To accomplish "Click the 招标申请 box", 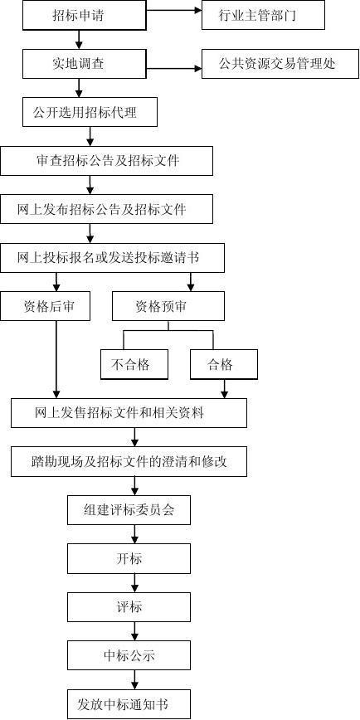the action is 78,16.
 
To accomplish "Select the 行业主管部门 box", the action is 263,15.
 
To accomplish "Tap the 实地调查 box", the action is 78,63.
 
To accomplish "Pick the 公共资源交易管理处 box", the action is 280,63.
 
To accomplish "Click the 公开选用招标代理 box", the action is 90,112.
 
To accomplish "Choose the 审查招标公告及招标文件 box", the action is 106,161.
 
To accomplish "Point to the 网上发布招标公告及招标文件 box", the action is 106,209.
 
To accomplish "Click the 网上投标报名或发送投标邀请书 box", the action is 113,258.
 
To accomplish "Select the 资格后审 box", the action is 45,306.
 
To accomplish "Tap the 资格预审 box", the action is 168,306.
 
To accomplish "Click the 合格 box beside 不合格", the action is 224,365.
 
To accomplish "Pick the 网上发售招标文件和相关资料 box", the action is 129,413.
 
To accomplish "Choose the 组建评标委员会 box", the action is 129,509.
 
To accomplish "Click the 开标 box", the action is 129,558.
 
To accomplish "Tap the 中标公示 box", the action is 129,655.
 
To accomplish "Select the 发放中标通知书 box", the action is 129,704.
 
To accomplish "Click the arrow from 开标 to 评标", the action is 134,582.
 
